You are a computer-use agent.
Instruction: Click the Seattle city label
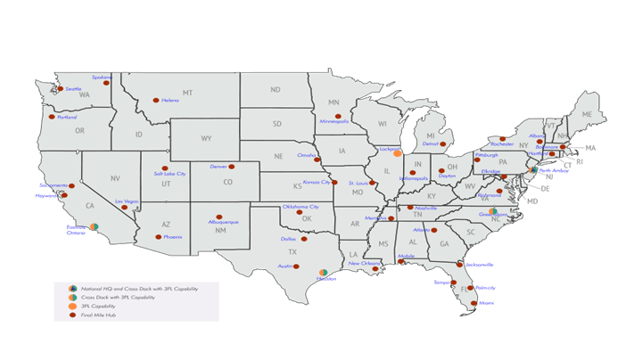pyautogui.click(x=73, y=89)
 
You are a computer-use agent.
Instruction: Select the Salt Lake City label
pyautogui.click(x=169, y=174)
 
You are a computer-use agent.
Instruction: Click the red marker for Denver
pyautogui.click(x=232, y=167)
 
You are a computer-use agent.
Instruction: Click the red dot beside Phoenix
pyautogui.click(x=158, y=237)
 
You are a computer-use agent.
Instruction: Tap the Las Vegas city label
pyautogui.click(x=128, y=201)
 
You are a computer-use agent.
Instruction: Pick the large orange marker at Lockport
pyautogui.click(x=397, y=154)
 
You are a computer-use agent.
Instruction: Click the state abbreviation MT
pyautogui.click(x=187, y=93)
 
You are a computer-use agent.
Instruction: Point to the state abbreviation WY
pyautogui.click(x=206, y=138)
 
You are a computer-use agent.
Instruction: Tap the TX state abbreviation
pyautogui.click(x=292, y=252)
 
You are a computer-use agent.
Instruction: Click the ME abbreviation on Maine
pyautogui.click(x=586, y=116)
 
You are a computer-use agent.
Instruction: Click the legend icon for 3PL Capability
pyautogui.click(x=71, y=306)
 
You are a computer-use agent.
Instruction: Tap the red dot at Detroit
pyautogui.click(x=445, y=141)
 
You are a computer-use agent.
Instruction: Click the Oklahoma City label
pyautogui.click(x=300, y=207)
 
